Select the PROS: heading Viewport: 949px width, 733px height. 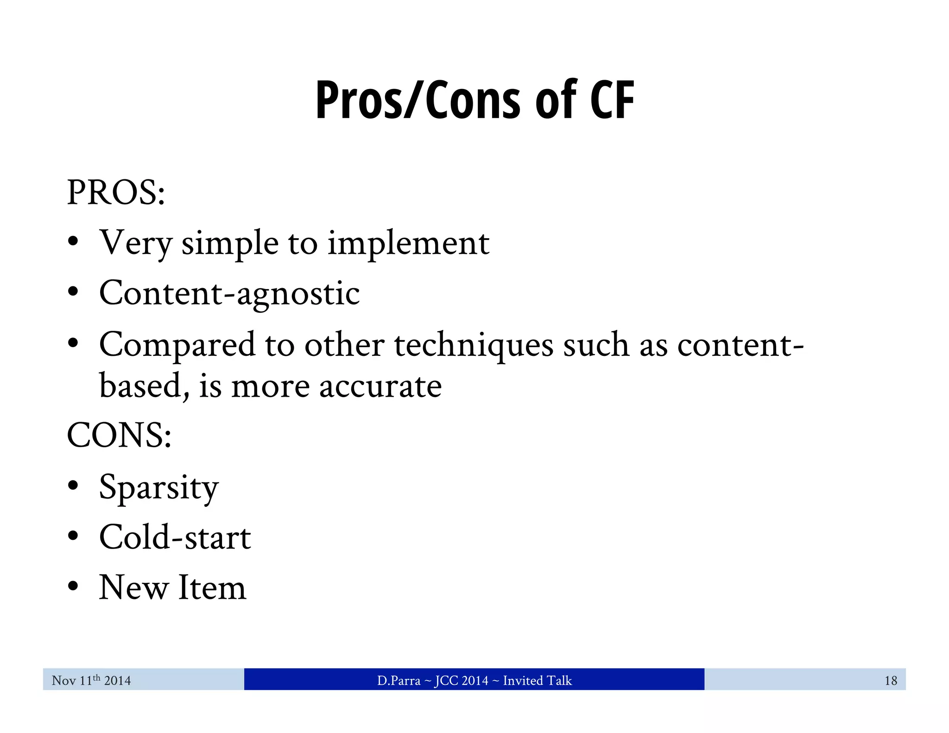coord(116,193)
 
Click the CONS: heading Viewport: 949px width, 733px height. coord(119,436)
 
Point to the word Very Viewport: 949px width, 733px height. coord(136,243)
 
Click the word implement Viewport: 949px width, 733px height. coord(408,243)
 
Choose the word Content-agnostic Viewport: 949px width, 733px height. coord(229,293)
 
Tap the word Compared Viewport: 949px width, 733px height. coord(177,345)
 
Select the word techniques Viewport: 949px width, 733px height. coord(474,346)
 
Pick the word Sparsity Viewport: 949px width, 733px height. coord(158,488)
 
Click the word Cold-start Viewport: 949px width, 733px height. coord(175,537)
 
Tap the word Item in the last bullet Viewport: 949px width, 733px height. coord(212,588)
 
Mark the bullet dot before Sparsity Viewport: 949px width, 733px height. coord(73,487)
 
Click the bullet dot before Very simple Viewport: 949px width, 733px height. coord(73,242)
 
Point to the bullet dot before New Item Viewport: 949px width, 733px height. coord(73,587)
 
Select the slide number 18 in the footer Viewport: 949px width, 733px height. coord(891,681)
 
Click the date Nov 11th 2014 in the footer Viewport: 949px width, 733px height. coord(91,680)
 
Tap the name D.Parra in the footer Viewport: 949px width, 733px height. coord(399,681)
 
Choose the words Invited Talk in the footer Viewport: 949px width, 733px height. coord(538,681)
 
